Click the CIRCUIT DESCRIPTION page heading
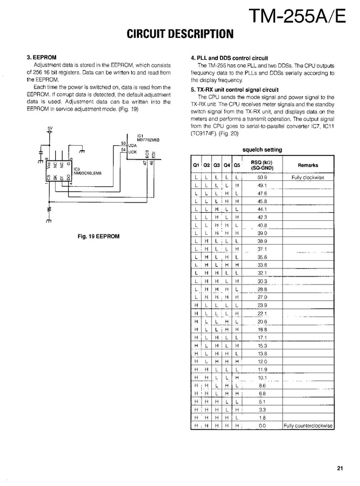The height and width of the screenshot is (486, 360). [179, 34]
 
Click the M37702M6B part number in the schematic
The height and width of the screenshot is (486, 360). [148, 139]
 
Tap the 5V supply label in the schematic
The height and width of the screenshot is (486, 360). [50, 128]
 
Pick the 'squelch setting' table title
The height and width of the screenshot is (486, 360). [262, 150]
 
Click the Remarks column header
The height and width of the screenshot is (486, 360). [308, 166]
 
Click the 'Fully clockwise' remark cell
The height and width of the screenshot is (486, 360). [308, 177]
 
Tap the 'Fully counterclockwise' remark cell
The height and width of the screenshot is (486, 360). [308, 426]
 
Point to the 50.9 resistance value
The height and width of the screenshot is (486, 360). [262, 177]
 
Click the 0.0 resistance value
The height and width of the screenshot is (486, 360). [262, 426]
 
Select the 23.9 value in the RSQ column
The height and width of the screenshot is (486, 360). [262, 305]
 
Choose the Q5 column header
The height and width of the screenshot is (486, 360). [237, 166]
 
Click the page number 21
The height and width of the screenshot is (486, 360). [339, 468]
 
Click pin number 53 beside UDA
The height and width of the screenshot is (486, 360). [124, 143]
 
